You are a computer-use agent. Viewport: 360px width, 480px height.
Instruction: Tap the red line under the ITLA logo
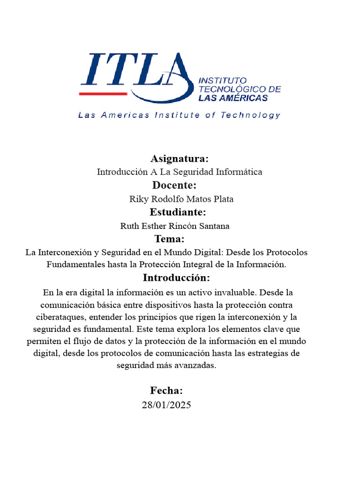pyautogui.click(x=103, y=94)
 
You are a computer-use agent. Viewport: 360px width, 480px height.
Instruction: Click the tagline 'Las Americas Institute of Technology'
pyautogui.click(x=180, y=115)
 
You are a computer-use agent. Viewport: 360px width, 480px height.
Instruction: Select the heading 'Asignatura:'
pyautogui.click(x=180, y=158)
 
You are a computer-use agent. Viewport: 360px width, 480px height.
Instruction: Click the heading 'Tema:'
pyautogui.click(x=170, y=239)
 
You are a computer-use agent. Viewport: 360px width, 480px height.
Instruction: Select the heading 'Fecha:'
pyautogui.click(x=166, y=390)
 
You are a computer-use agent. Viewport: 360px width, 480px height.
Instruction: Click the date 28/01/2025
pyautogui.click(x=166, y=405)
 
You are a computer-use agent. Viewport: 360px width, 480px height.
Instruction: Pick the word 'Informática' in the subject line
pyautogui.click(x=239, y=172)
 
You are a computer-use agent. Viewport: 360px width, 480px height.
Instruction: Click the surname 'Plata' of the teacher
pyautogui.click(x=223, y=199)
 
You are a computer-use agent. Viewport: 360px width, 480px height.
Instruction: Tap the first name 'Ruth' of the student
pyautogui.click(x=130, y=226)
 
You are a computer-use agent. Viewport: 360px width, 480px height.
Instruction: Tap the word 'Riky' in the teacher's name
pyautogui.click(x=138, y=199)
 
